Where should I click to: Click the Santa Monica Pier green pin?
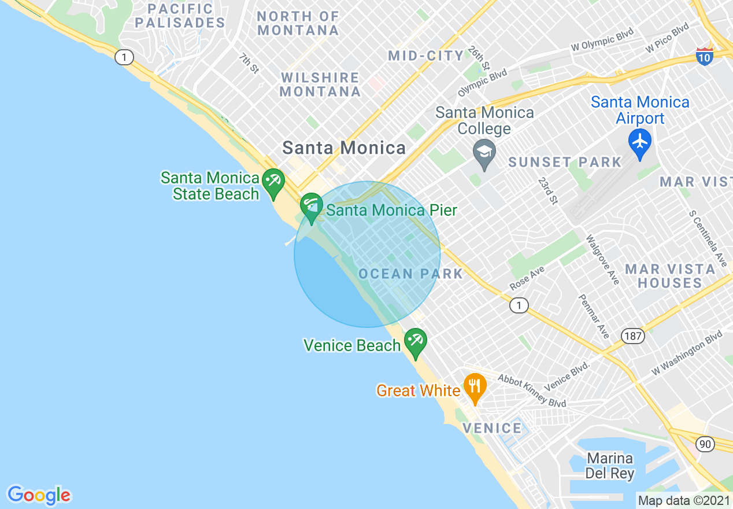tap(312, 207)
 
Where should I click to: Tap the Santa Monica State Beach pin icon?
tap(272, 182)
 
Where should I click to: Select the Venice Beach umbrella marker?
tap(415, 342)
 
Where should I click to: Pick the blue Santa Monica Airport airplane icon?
tap(640, 142)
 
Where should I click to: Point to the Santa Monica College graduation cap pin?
tap(484, 153)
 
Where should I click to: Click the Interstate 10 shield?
tap(704, 56)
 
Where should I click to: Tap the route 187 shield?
tap(633, 335)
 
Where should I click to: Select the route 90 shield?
tap(704, 444)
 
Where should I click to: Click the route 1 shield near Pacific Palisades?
tap(124, 57)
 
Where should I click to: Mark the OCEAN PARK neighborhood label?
tap(411, 274)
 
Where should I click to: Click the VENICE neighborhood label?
tap(493, 428)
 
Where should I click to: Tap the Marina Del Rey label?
tap(609, 466)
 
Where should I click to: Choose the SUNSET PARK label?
tap(564, 162)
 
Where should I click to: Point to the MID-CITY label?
tap(426, 56)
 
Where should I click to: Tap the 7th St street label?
tap(249, 63)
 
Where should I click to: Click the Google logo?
tap(39, 495)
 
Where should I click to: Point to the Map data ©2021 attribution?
tap(684, 500)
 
